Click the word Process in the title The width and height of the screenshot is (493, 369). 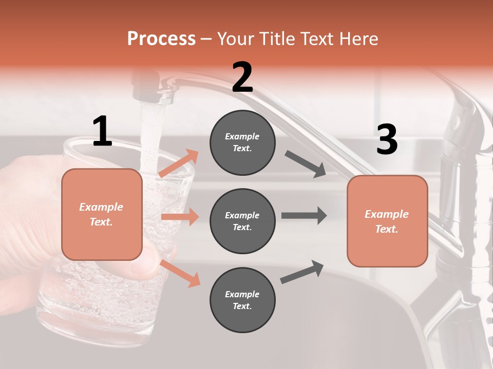(161, 38)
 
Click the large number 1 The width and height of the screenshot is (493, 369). (102, 132)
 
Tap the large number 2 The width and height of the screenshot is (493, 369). (242, 77)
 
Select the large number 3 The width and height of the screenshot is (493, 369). (387, 139)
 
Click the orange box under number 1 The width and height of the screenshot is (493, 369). (102, 214)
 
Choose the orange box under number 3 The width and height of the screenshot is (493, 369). (387, 221)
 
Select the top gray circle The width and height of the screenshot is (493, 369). (242, 142)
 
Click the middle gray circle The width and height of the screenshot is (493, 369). (242, 221)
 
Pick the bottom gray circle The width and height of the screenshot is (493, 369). (242, 300)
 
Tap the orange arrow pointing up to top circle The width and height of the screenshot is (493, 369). (179, 163)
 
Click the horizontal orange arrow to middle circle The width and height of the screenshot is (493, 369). (180, 217)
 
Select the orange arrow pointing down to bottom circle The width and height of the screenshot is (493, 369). (180, 273)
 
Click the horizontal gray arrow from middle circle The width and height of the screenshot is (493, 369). (304, 215)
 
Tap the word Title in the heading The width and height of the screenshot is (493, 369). (277, 38)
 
